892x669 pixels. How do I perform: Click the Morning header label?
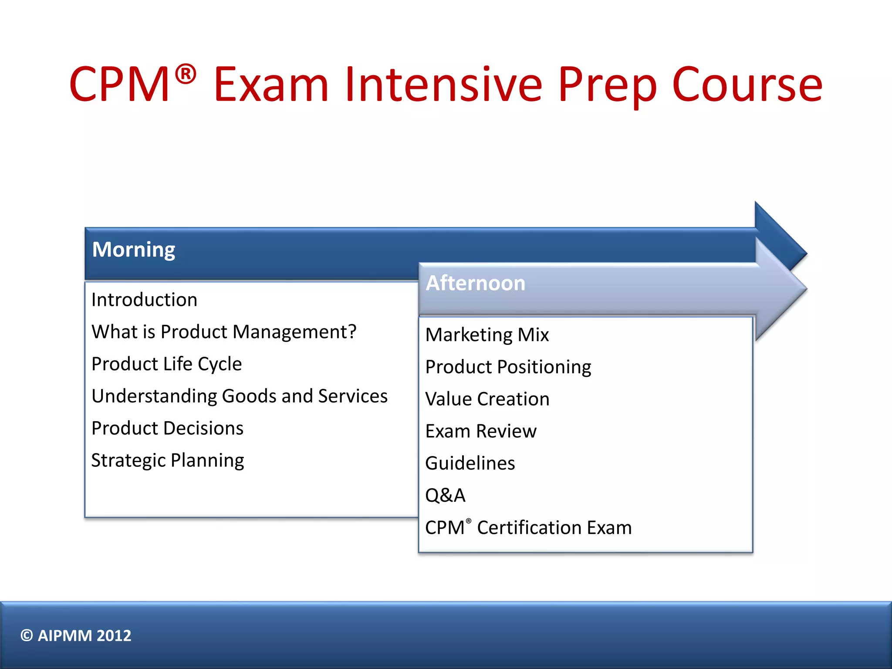pos(133,250)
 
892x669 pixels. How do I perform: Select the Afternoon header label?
pos(475,283)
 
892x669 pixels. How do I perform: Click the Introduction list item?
pos(144,300)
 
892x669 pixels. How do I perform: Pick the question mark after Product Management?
pos(351,331)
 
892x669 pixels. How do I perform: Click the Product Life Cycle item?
pos(166,364)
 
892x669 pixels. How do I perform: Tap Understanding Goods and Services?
pos(239,396)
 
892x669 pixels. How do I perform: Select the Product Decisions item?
pos(167,428)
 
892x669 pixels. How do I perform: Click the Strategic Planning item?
pos(168,460)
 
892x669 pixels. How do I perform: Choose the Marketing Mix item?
pos(487,334)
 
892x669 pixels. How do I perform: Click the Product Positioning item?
pos(508,367)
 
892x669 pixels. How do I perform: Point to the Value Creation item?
pos(487,399)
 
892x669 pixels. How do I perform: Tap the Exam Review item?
pos(481,431)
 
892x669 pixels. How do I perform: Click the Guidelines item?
pos(470,463)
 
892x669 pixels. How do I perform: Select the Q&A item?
pos(445,495)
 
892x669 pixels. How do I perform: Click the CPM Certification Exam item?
pos(528,527)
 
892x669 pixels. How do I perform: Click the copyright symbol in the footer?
pos(27,635)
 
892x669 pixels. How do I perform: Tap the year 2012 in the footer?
pos(114,635)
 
